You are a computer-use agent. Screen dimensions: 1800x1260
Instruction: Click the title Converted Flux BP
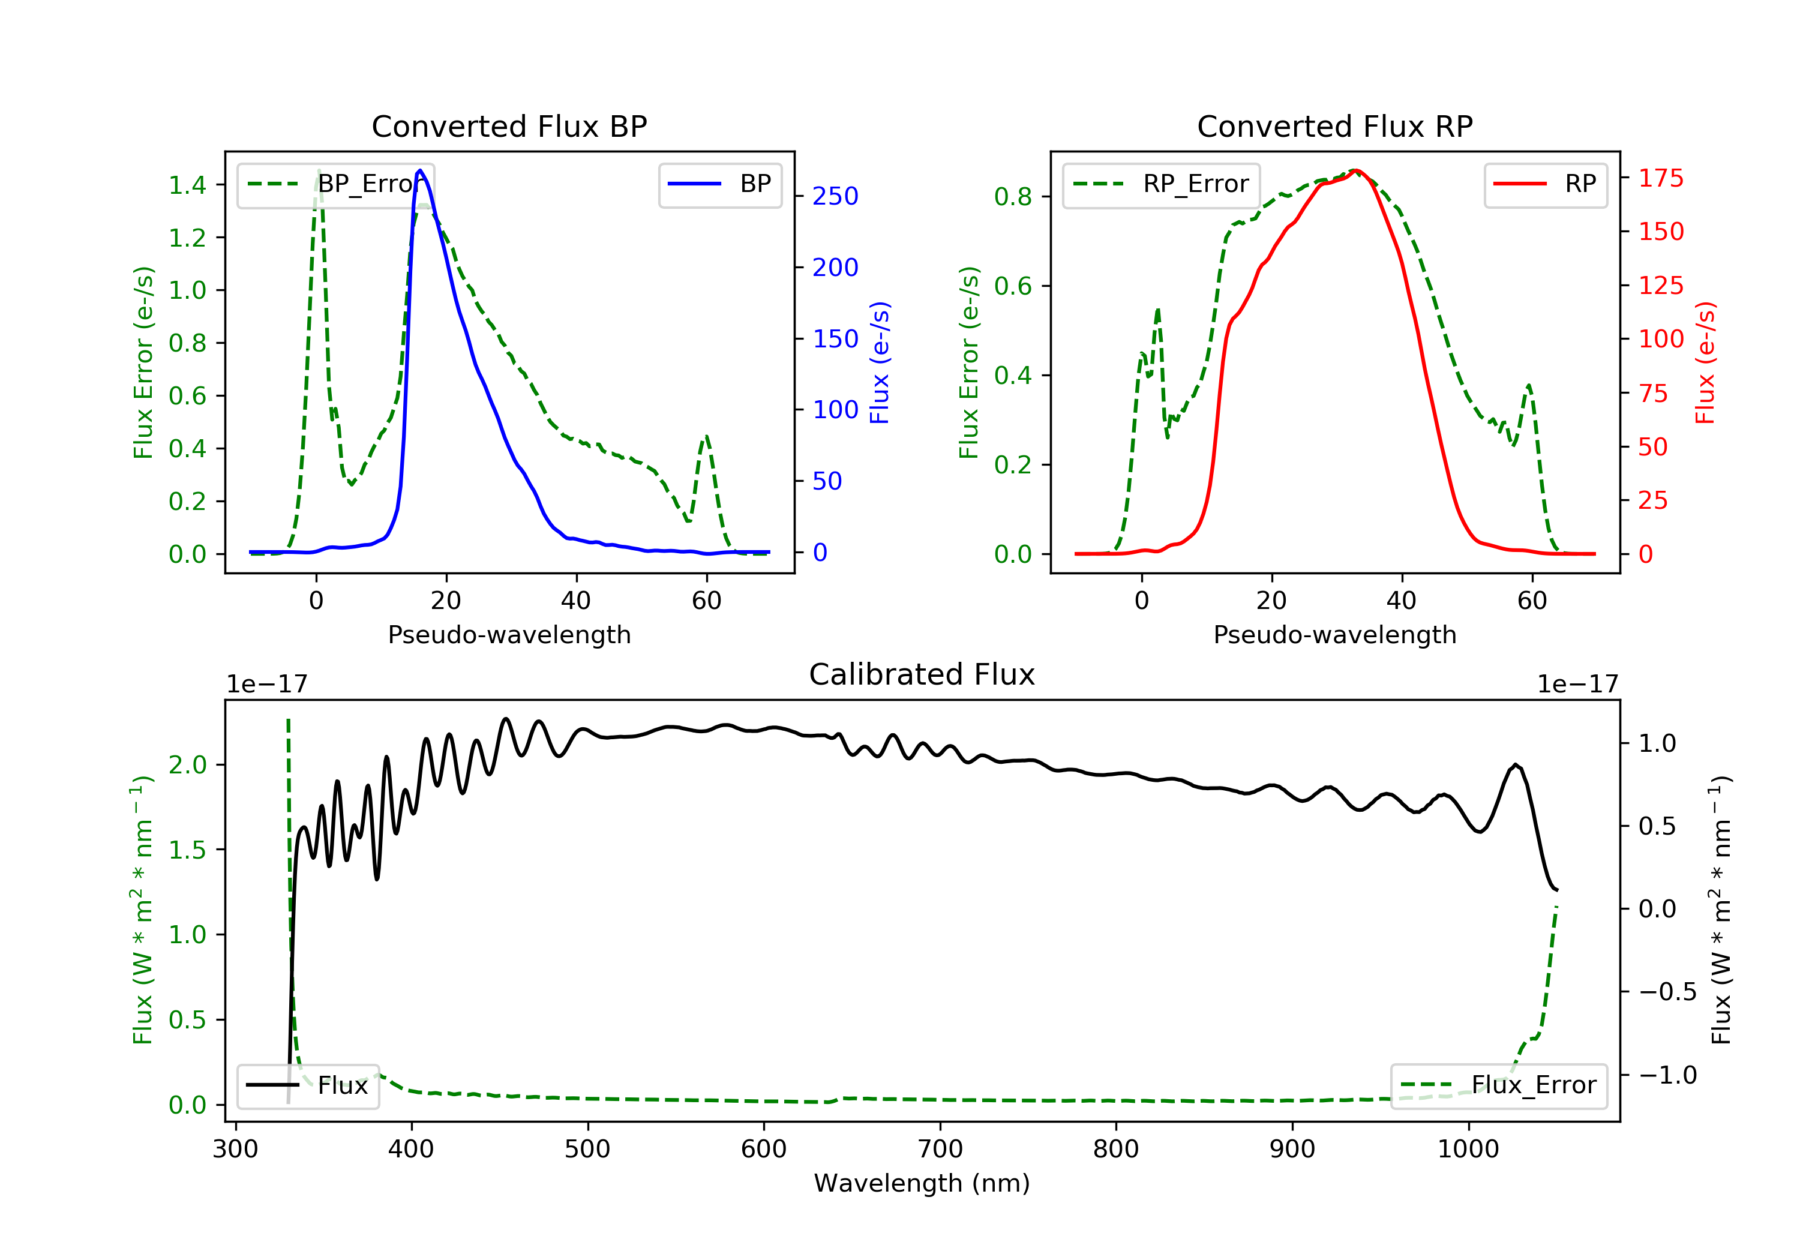coord(509,126)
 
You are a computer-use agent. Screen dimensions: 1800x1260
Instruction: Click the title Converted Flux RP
coord(1334,126)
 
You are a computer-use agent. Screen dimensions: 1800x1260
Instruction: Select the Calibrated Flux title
coord(922,674)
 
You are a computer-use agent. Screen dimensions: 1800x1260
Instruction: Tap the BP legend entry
coord(719,184)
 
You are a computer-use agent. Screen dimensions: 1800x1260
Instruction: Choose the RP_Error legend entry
coord(1160,184)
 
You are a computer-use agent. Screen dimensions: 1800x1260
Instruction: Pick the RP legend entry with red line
coord(1545,184)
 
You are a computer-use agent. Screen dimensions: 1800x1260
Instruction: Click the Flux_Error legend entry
coord(1498,1086)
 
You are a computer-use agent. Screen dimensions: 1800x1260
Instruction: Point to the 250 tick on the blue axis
coord(835,196)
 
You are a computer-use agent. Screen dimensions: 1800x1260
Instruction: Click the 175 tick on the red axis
coord(1660,178)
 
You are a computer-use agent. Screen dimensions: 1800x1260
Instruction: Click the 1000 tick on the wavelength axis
coord(1468,1150)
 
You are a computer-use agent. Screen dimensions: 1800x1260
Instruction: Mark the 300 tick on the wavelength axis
coord(235,1150)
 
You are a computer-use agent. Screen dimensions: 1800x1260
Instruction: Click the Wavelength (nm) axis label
coord(922,1183)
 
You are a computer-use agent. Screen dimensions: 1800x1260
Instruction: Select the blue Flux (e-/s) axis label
coord(880,363)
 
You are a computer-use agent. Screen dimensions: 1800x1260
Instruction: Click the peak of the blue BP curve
coord(420,170)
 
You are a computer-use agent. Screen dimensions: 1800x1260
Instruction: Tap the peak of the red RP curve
coord(1356,170)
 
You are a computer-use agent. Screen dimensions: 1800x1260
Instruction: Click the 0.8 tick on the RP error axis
coord(1013,197)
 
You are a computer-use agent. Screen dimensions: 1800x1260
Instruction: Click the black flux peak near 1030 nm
coord(1516,764)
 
